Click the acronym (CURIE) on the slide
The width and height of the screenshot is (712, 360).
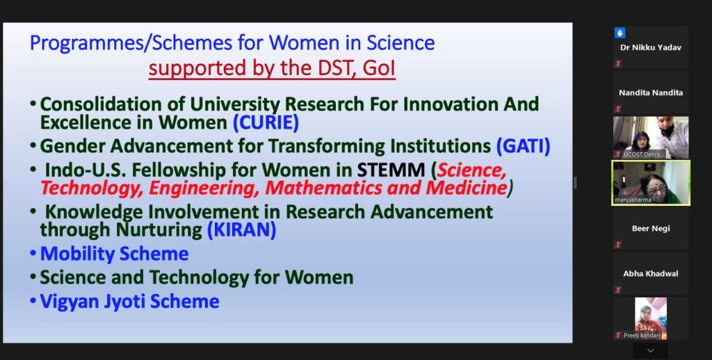266,122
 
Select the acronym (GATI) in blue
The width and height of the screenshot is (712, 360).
523,146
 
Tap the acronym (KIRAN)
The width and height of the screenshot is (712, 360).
241,230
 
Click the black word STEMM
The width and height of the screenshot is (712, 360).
391,170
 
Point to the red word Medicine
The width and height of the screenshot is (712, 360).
466,188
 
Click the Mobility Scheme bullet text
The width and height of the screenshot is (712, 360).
115,254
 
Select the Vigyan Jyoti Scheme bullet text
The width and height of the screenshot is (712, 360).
130,302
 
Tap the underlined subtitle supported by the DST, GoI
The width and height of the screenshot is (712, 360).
272,69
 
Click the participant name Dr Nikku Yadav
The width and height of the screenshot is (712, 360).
651,47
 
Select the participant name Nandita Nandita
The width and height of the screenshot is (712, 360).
651,92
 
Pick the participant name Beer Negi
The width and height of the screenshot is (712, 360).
651,229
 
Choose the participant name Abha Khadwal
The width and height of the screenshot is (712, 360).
651,274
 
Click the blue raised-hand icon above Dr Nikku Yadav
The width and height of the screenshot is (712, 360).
620,33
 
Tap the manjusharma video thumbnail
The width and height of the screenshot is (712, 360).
651,183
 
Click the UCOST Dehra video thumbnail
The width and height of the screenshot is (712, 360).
651,137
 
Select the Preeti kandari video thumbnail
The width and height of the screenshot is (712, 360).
651,318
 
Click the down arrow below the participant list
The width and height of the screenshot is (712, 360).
651,350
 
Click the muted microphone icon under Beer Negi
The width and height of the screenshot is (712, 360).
617,245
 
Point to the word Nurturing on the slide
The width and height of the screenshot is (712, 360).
159,230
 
